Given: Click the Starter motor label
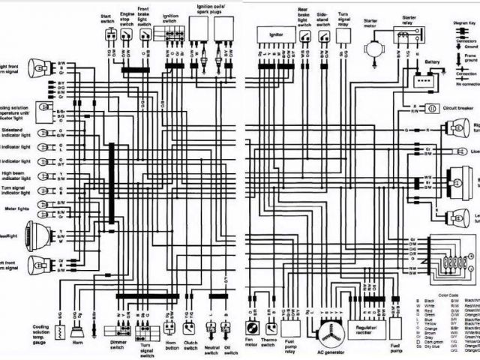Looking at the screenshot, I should (371, 19).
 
